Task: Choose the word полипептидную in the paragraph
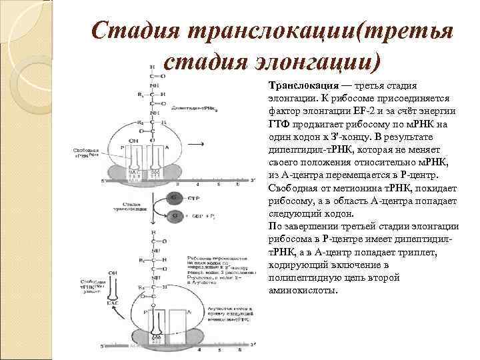304,278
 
